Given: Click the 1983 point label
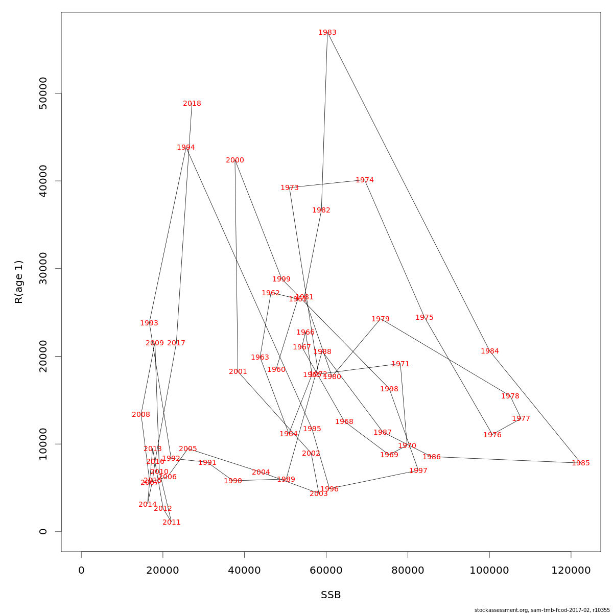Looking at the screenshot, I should click(327, 32).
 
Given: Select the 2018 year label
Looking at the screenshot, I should click(192, 103).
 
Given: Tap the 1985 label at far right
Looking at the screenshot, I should click(580, 463).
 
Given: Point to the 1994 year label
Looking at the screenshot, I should click(186, 147).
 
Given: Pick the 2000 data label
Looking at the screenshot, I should click(235, 160).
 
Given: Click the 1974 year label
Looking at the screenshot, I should click(365, 180).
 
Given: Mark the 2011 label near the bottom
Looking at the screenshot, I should click(172, 522).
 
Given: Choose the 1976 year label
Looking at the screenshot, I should click(492, 435).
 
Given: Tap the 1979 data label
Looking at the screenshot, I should click(381, 319).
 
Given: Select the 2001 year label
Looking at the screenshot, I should click(238, 371).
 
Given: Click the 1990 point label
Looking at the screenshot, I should click(233, 481).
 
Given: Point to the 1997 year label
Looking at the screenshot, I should click(418, 470).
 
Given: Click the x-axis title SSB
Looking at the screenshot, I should click(331, 595).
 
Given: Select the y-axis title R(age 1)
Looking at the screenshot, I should click(19, 281).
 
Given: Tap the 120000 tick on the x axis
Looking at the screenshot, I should click(571, 570).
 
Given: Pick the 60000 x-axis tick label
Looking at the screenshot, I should click(326, 570).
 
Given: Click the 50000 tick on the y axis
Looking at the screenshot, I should click(43, 93).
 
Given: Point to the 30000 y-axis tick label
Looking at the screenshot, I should click(43, 269).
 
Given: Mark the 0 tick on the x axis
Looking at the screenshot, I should click(81, 570).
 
